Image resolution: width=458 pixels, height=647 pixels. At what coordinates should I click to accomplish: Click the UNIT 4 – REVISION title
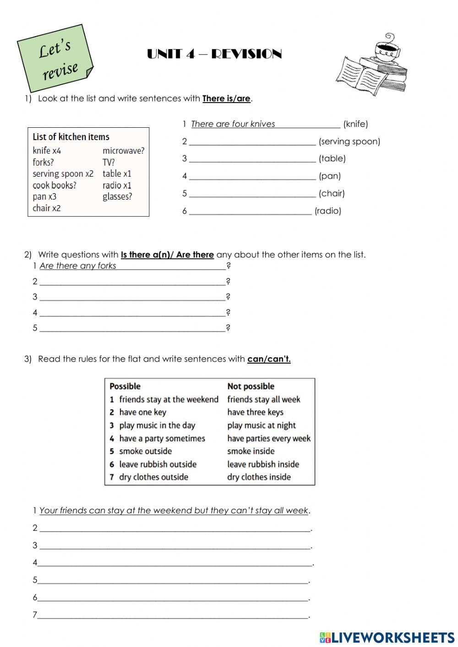pos(214,54)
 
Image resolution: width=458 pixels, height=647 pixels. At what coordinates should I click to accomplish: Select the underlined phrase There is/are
pos(227,98)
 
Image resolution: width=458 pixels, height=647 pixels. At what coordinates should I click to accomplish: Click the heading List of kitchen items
pos(71,137)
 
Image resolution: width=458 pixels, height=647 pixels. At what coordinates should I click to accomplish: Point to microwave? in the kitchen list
pos(123,151)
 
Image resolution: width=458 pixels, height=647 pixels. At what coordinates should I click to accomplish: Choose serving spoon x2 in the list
pos(63,174)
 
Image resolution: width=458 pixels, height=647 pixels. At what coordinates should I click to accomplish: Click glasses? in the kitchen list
pos(117,196)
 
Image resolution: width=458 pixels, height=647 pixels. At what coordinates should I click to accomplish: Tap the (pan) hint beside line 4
pos(330,176)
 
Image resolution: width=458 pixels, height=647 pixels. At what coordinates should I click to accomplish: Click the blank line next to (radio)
pos(250,212)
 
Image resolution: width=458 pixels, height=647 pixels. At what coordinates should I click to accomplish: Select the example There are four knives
pos(233,124)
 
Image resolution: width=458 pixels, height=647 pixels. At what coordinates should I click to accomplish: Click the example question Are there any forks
pos(78,266)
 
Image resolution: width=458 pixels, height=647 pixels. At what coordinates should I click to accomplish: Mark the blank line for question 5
pos(132,329)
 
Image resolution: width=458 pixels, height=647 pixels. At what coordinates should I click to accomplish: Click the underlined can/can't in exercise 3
pos(269,359)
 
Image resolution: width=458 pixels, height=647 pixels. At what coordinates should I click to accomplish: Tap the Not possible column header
pos(251,386)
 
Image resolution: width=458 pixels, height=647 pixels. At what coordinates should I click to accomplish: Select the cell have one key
pos(142,412)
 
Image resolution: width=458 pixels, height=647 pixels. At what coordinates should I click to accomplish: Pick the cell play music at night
pos(261,425)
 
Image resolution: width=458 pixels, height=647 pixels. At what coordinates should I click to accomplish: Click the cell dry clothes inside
pos(259,477)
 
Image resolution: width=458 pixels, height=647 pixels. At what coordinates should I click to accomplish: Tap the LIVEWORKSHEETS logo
pos(387,637)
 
